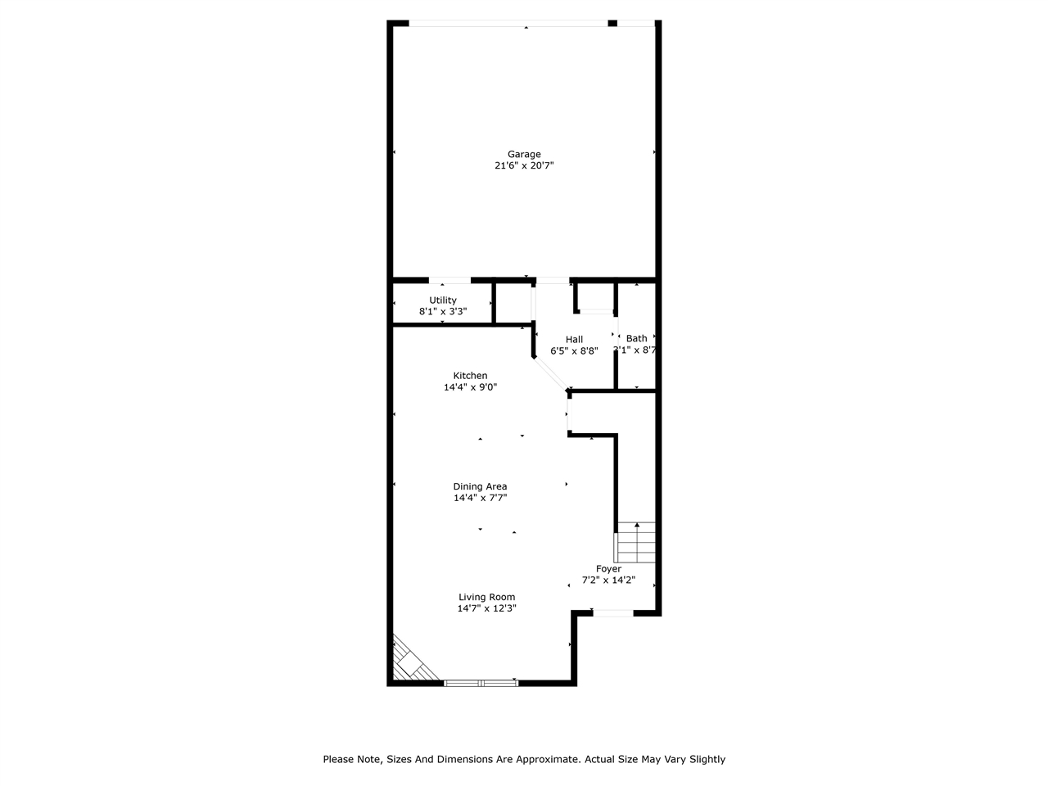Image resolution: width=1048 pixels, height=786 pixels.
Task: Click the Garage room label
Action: pyautogui.click(x=524, y=154)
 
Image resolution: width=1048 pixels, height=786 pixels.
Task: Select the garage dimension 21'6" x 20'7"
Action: pyautogui.click(x=530, y=165)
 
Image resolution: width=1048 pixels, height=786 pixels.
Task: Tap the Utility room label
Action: pyautogui.click(x=443, y=300)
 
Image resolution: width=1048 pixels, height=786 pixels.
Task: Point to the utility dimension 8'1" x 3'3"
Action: pyautogui.click(x=443, y=312)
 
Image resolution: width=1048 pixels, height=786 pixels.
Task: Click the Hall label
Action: pyautogui.click(x=574, y=339)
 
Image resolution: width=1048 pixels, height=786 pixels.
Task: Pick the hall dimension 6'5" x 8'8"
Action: pyautogui.click(x=574, y=350)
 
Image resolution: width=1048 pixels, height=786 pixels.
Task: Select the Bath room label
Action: pyautogui.click(x=636, y=338)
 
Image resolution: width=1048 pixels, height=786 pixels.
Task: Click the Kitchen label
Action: pyautogui.click(x=470, y=376)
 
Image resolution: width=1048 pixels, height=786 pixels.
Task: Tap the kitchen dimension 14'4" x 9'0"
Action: pyautogui.click(x=470, y=387)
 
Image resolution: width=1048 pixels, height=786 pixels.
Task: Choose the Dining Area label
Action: pyautogui.click(x=480, y=486)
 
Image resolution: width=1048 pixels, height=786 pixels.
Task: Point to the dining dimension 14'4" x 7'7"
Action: pyautogui.click(x=480, y=498)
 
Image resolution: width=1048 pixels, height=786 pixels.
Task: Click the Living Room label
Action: pyautogui.click(x=486, y=597)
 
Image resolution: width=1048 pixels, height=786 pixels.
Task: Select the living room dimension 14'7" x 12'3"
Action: pyautogui.click(x=486, y=608)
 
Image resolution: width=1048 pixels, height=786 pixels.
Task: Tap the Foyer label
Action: pyautogui.click(x=608, y=569)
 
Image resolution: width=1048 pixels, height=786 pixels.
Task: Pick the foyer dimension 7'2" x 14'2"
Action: pyautogui.click(x=608, y=580)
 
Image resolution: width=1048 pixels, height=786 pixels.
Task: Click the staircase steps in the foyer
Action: pyautogui.click(x=636, y=541)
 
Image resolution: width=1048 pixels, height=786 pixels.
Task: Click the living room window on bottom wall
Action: pyautogui.click(x=481, y=682)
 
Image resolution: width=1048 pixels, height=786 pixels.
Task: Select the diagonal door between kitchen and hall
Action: pyautogui.click(x=550, y=374)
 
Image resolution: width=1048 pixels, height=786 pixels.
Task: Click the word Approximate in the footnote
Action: pyautogui.click(x=545, y=759)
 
